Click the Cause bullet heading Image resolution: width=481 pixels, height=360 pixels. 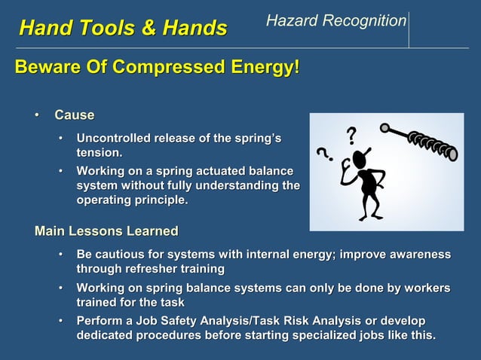point(74,115)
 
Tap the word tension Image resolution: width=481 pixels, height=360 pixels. point(99,153)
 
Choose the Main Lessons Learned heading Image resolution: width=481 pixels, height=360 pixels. point(106,230)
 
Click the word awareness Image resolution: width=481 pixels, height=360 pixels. point(416,255)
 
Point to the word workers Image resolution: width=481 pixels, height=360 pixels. point(423,288)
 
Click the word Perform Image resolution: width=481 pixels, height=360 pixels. point(102,322)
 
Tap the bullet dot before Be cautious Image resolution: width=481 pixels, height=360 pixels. point(62,255)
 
